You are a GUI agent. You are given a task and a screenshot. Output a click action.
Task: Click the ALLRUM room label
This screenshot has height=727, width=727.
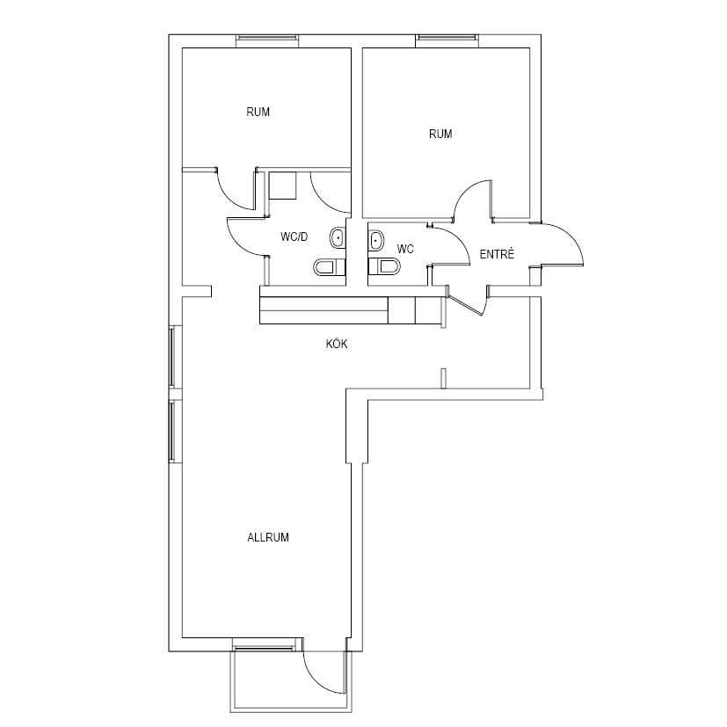pyautogui.click(x=268, y=537)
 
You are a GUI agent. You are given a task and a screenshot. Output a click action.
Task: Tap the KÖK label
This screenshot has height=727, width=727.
pyautogui.click(x=337, y=344)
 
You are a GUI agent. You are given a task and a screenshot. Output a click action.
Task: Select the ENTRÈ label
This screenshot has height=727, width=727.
pyautogui.click(x=497, y=254)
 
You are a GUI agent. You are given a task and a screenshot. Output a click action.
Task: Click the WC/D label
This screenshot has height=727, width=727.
pyautogui.click(x=294, y=237)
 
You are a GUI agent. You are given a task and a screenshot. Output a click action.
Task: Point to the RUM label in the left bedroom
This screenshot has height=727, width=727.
pyautogui.click(x=258, y=112)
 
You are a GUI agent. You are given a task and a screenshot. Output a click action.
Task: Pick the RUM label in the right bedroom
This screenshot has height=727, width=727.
pyautogui.click(x=440, y=134)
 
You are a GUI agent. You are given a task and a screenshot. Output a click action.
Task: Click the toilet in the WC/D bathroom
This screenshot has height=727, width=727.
pyautogui.click(x=331, y=267)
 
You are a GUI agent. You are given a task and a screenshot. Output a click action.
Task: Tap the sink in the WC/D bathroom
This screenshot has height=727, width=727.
pyautogui.click(x=338, y=238)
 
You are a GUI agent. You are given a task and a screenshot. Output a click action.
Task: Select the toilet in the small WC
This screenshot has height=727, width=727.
pyautogui.click(x=384, y=266)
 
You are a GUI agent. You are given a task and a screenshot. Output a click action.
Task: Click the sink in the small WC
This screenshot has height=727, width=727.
pyautogui.click(x=376, y=241)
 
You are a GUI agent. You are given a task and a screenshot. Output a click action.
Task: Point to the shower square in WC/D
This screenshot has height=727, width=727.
pyautogui.click(x=282, y=185)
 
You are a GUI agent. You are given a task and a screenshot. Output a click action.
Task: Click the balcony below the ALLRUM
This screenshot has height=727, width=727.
pyautogui.click(x=291, y=681)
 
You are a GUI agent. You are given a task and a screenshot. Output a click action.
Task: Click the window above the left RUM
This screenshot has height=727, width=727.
pyautogui.click(x=267, y=41)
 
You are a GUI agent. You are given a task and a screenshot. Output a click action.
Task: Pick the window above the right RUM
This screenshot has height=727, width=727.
pyautogui.click(x=446, y=41)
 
